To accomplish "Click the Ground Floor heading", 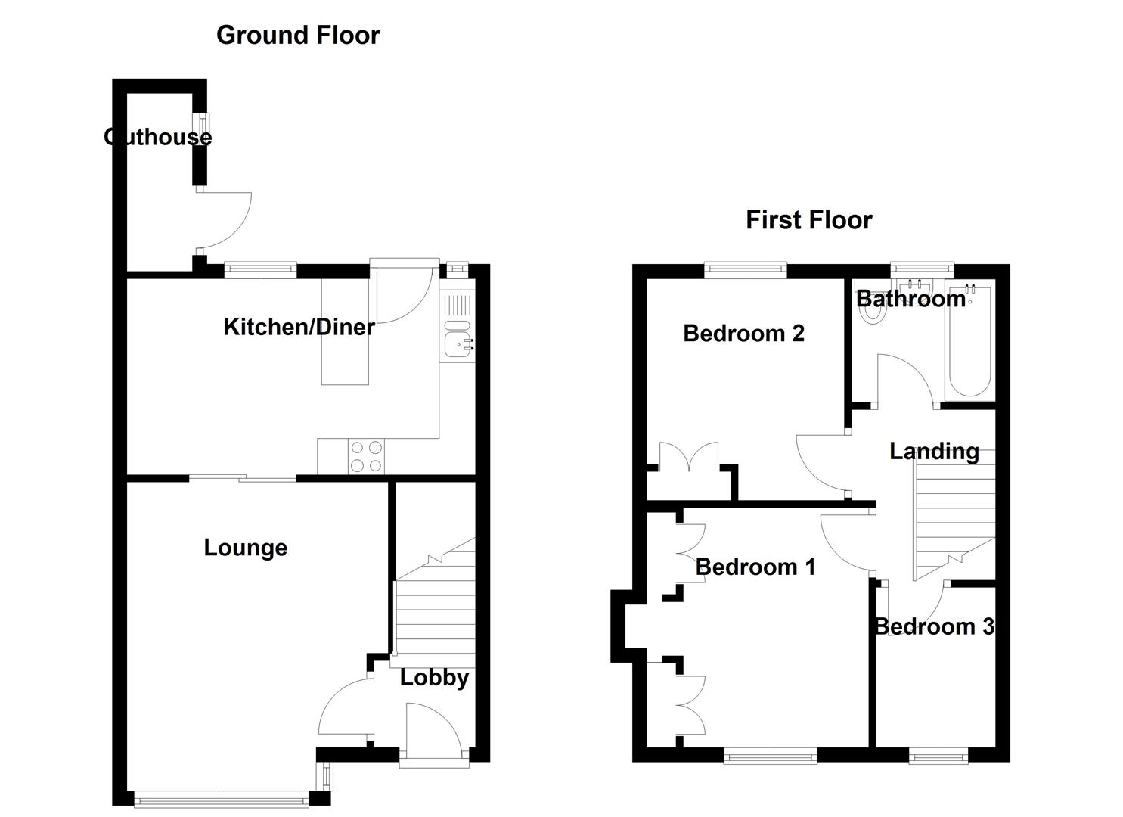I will (x=298, y=35).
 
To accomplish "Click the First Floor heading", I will (x=808, y=220).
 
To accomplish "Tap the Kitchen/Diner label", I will (x=299, y=327).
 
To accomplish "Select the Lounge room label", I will (x=245, y=547).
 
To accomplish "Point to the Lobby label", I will (x=433, y=677).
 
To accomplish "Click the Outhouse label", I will (x=157, y=137).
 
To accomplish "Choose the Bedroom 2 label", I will (x=743, y=333).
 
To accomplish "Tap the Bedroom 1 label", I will (x=755, y=567).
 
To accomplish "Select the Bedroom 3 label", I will (x=934, y=626).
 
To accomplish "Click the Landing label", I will (x=934, y=452).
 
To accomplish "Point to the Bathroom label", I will (x=910, y=299).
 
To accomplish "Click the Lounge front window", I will (x=221, y=797).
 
